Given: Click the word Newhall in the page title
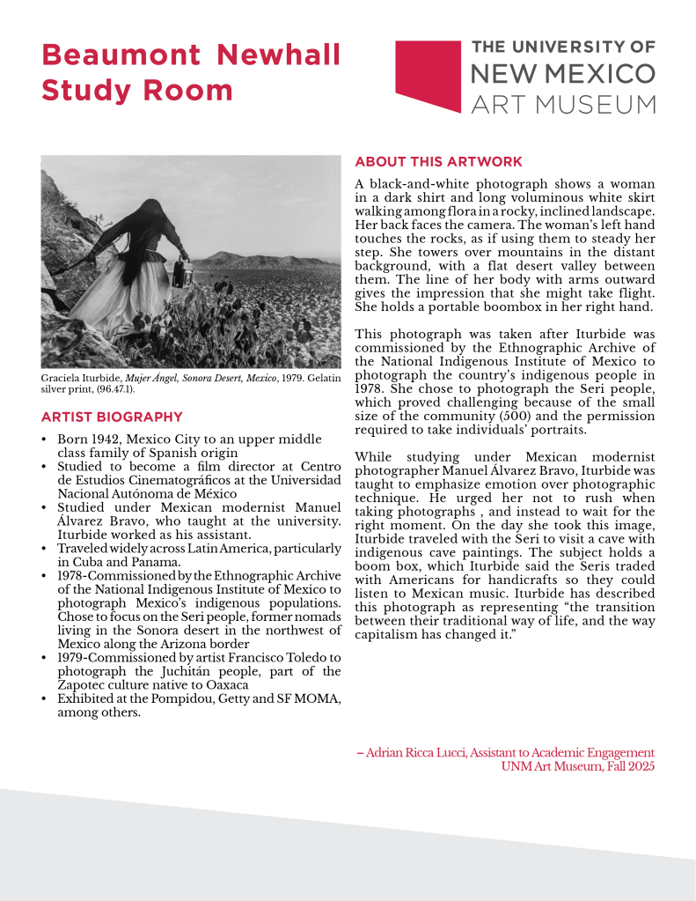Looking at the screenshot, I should tap(279, 55).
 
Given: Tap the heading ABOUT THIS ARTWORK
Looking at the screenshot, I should tap(438, 162).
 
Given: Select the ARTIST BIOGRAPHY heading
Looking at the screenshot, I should tap(112, 417).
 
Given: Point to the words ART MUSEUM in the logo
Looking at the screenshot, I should tap(563, 104).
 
